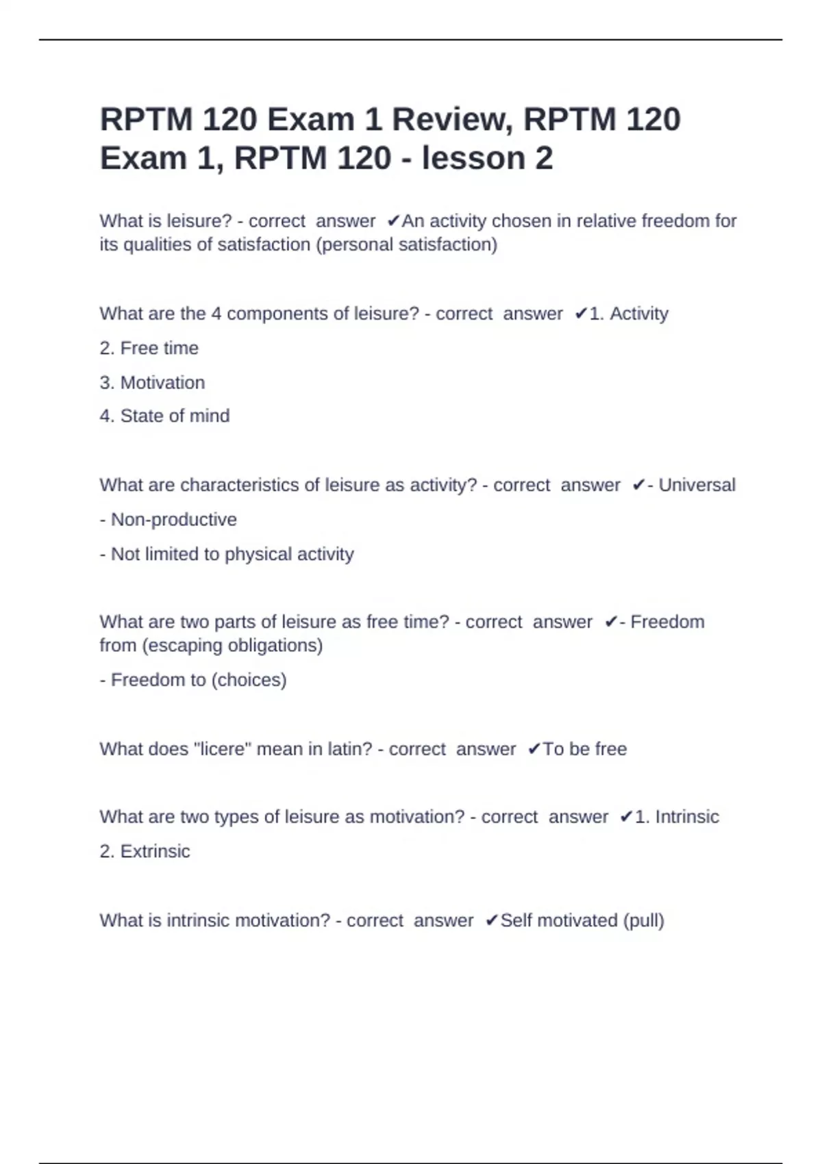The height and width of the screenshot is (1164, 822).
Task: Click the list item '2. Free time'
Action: [149, 349]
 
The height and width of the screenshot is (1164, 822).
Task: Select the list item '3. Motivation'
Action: [152, 383]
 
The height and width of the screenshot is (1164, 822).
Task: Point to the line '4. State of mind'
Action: [164, 416]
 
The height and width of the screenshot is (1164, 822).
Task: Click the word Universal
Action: [697, 485]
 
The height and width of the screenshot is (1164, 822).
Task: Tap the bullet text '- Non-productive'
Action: [169, 520]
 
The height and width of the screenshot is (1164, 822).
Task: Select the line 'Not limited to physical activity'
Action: [232, 554]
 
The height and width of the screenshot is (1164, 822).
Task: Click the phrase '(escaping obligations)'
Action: [232, 646]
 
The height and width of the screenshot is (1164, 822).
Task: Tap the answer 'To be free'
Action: [584, 749]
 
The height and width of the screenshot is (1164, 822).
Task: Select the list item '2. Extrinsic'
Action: [145, 852]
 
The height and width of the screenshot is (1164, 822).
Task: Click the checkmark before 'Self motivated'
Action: [491, 921]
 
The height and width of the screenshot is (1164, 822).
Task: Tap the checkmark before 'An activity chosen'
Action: [393, 221]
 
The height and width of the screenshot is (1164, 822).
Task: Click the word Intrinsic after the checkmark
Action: [687, 817]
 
